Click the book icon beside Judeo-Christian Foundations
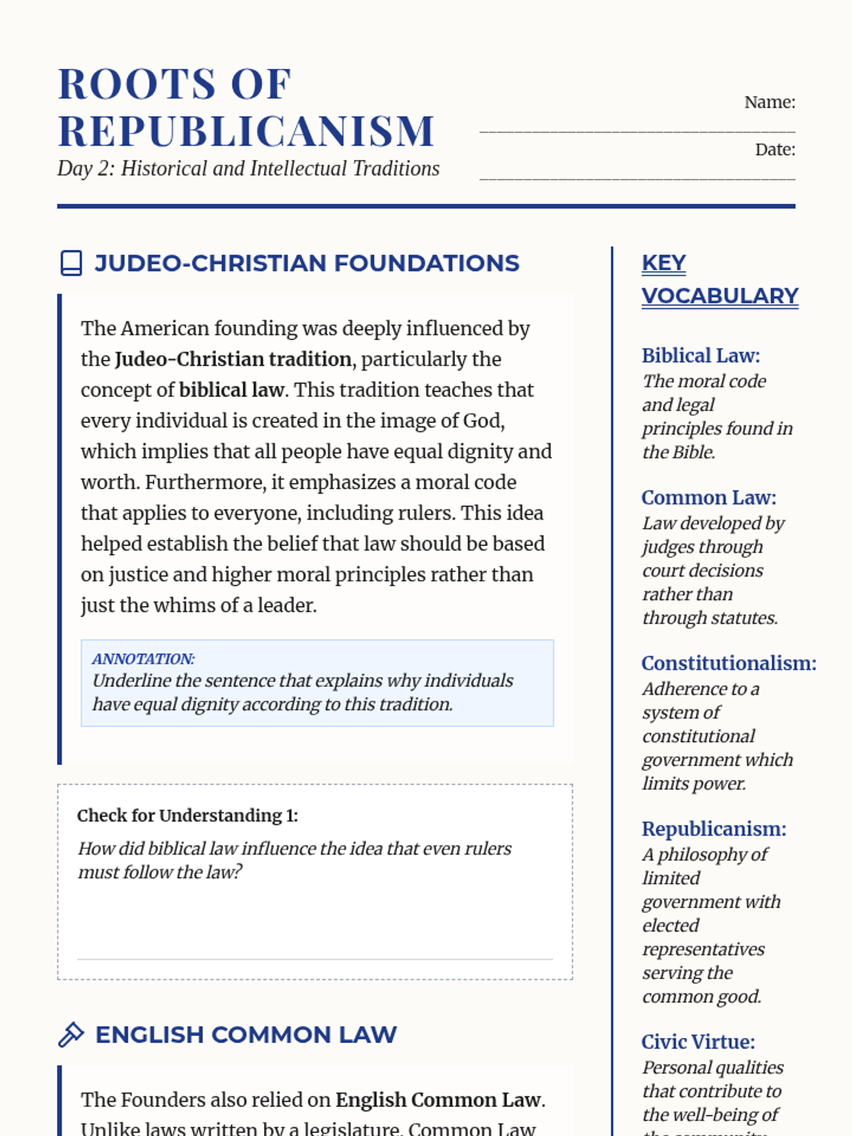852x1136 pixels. click(71, 263)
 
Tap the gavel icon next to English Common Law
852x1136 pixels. click(71, 1034)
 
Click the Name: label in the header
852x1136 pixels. click(770, 102)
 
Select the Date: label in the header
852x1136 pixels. click(775, 150)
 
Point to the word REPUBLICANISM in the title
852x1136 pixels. click(246, 131)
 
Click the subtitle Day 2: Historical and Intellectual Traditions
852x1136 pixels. click(248, 169)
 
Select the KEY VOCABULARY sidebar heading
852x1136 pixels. click(719, 279)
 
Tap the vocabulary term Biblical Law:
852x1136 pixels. click(700, 356)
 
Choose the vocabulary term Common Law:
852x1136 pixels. click(709, 498)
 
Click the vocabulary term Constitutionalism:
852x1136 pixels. click(728, 663)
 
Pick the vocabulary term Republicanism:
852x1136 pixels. click(714, 829)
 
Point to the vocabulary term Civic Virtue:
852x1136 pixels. click(698, 1042)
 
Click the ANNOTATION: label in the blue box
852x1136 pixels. click(143, 659)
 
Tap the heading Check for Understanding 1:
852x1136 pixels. click(187, 816)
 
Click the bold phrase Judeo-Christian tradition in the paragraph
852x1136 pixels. click(233, 359)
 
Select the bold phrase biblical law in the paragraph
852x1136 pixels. click(231, 390)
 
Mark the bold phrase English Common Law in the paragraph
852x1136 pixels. click(438, 1100)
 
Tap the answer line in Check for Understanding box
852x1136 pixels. click(315, 958)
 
